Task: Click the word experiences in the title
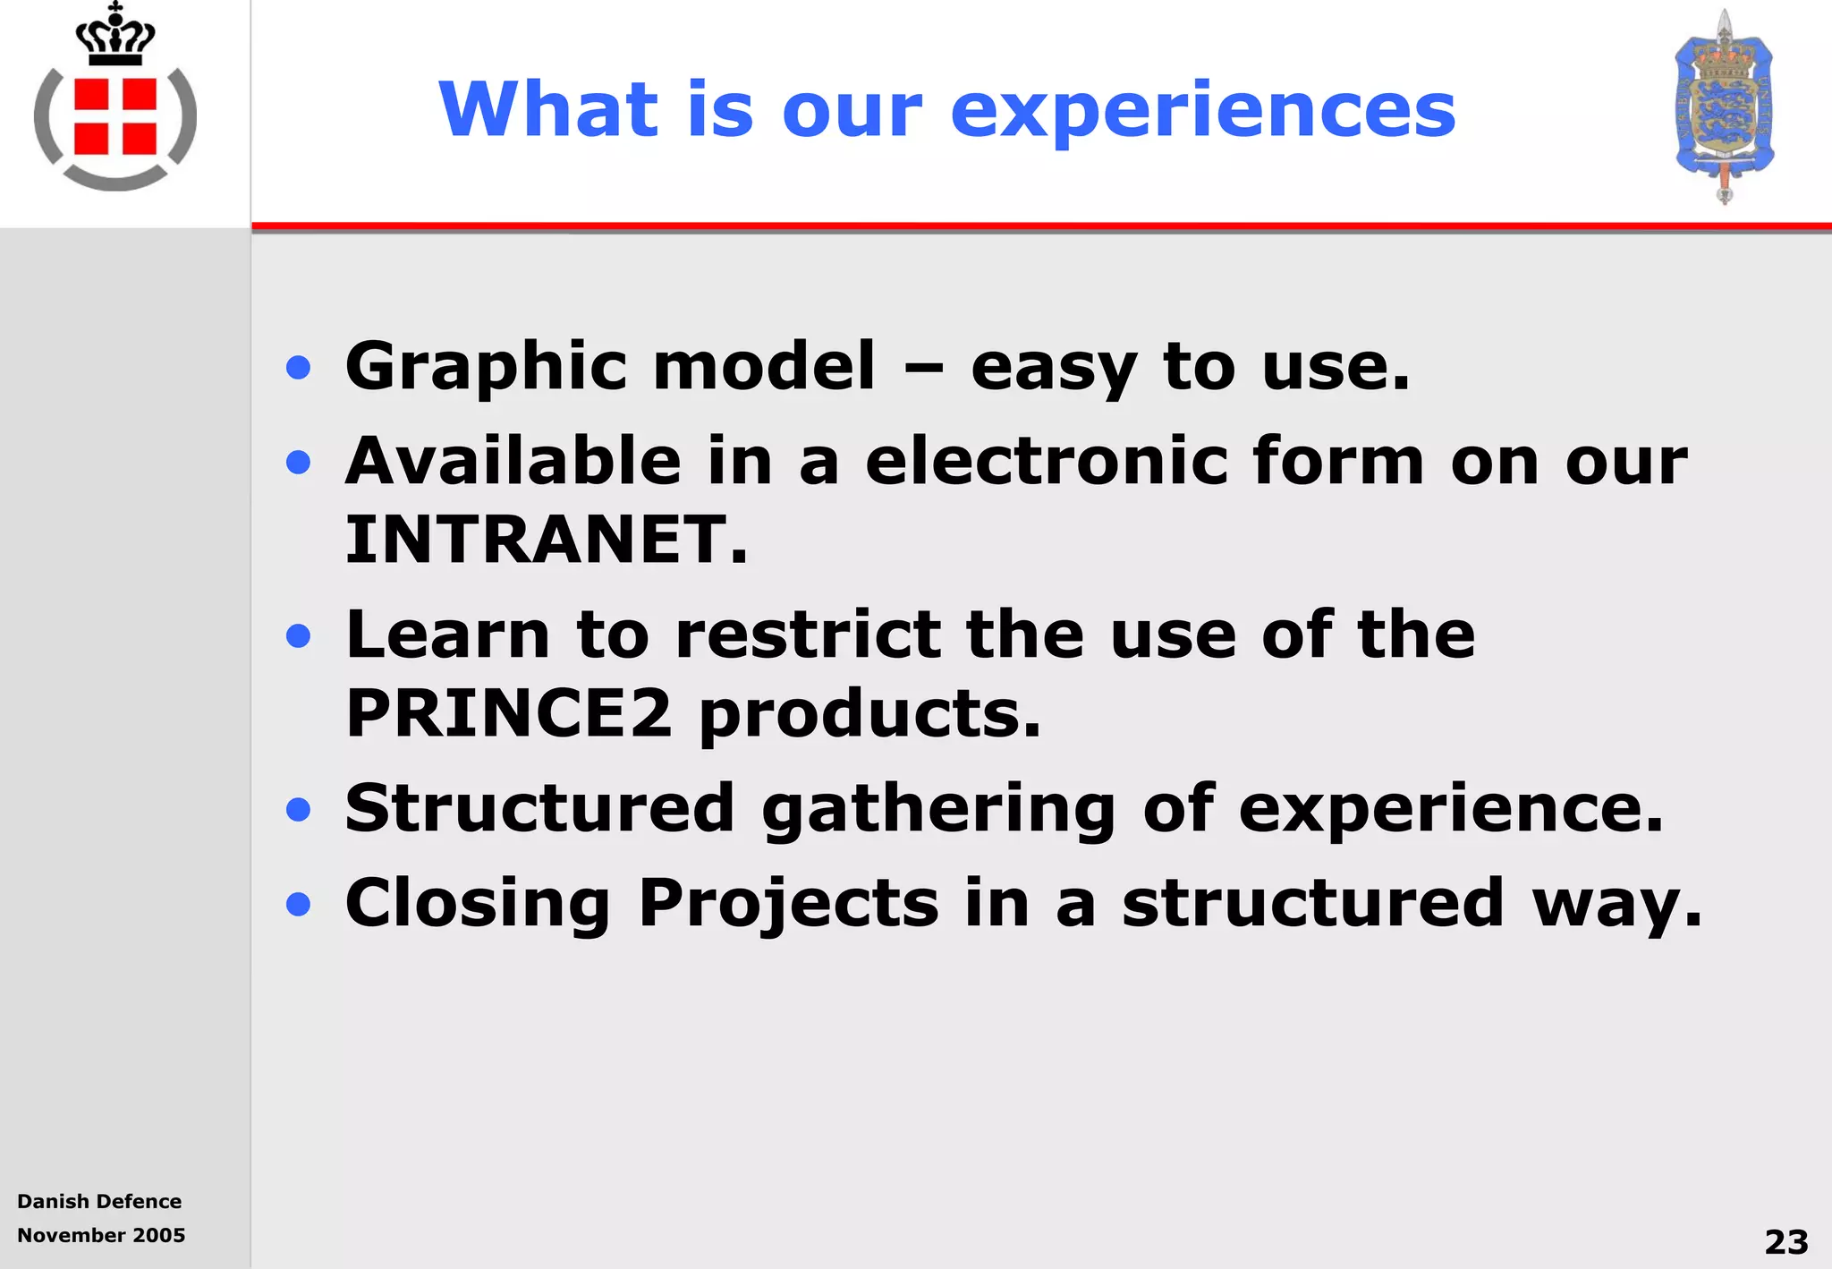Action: click(x=1202, y=111)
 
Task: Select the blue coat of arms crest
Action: click(x=1724, y=106)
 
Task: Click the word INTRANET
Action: click(x=546, y=540)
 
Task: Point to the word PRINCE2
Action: click(x=508, y=713)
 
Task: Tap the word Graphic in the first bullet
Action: click(x=486, y=367)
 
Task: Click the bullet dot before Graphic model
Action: click(x=299, y=368)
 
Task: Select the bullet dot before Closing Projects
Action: click(x=299, y=904)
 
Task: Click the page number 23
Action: click(x=1785, y=1241)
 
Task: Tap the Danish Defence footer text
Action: click(x=99, y=1201)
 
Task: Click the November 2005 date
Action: click(x=101, y=1235)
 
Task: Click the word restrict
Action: click(x=808, y=634)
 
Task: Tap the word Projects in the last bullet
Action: click(x=788, y=903)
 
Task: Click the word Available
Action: click(x=513, y=461)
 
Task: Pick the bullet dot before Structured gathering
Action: click(x=299, y=810)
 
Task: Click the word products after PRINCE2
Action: click(x=869, y=715)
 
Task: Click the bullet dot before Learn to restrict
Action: click(x=299, y=636)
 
